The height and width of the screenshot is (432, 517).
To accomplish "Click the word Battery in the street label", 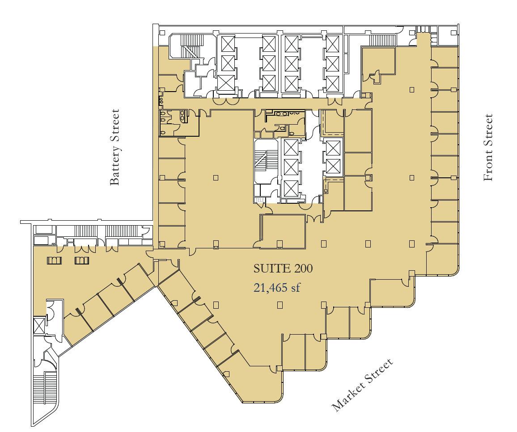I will pos(115,169).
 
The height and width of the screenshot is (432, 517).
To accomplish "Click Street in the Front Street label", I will pos(488,130).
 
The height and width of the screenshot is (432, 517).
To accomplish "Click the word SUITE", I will pos(272,268).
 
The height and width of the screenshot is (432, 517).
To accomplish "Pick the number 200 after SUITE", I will pos(303,268).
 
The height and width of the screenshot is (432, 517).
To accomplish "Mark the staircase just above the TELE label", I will pos(260,160).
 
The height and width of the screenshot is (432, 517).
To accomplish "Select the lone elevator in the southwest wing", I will pos(39,326).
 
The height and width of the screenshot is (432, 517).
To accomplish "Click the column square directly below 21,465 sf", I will pos(280,305).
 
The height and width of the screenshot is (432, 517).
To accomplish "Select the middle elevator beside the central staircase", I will pos(291,167).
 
